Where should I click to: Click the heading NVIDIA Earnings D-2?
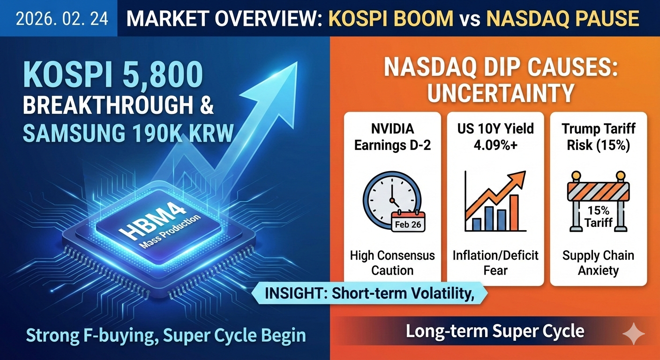point(392,137)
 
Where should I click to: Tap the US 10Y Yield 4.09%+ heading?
point(495,137)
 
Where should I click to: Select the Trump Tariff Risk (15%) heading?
point(598,137)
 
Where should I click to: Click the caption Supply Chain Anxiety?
point(598,262)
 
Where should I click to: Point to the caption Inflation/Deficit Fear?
point(495,262)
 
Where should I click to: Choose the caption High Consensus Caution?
point(392,262)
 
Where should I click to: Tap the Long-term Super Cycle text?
point(495,331)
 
